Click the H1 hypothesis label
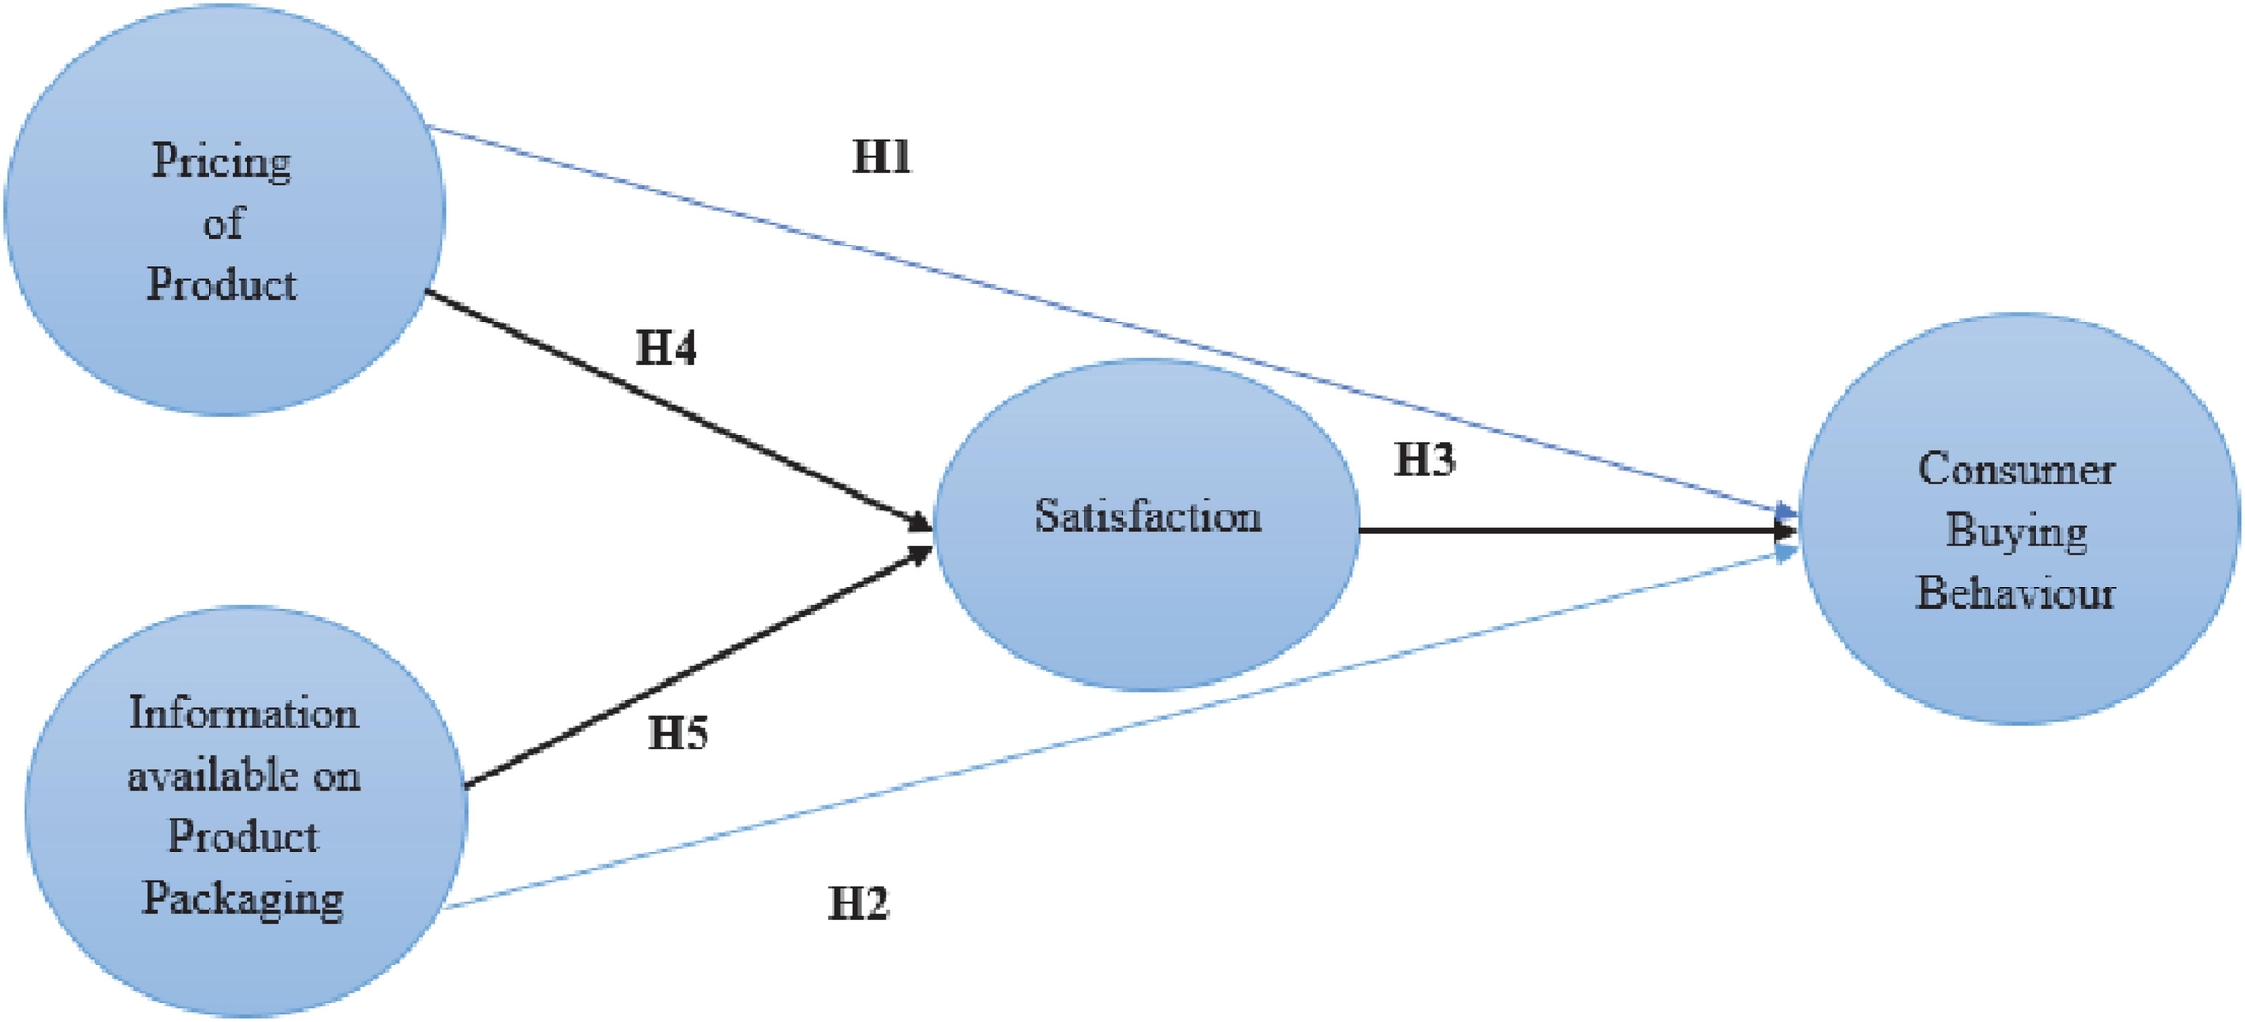(x=881, y=157)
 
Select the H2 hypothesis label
(x=857, y=903)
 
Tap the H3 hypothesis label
(x=1425, y=460)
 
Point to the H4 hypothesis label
(x=666, y=348)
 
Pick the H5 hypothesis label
(x=678, y=733)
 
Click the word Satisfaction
(x=1147, y=515)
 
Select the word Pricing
(x=221, y=162)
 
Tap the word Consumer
(x=2015, y=470)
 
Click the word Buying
(x=2015, y=532)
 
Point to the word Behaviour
(x=2015, y=592)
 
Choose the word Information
(x=244, y=713)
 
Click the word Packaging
(x=244, y=898)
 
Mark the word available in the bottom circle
(x=203, y=776)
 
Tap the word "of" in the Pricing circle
(x=222, y=223)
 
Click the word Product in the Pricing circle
(x=222, y=284)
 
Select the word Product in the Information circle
(x=243, y=836)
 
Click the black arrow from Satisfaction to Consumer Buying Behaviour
(x=1579, y=531)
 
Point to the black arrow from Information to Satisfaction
(x=697, y=667)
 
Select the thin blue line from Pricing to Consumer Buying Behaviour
(x=1111, y=322)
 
